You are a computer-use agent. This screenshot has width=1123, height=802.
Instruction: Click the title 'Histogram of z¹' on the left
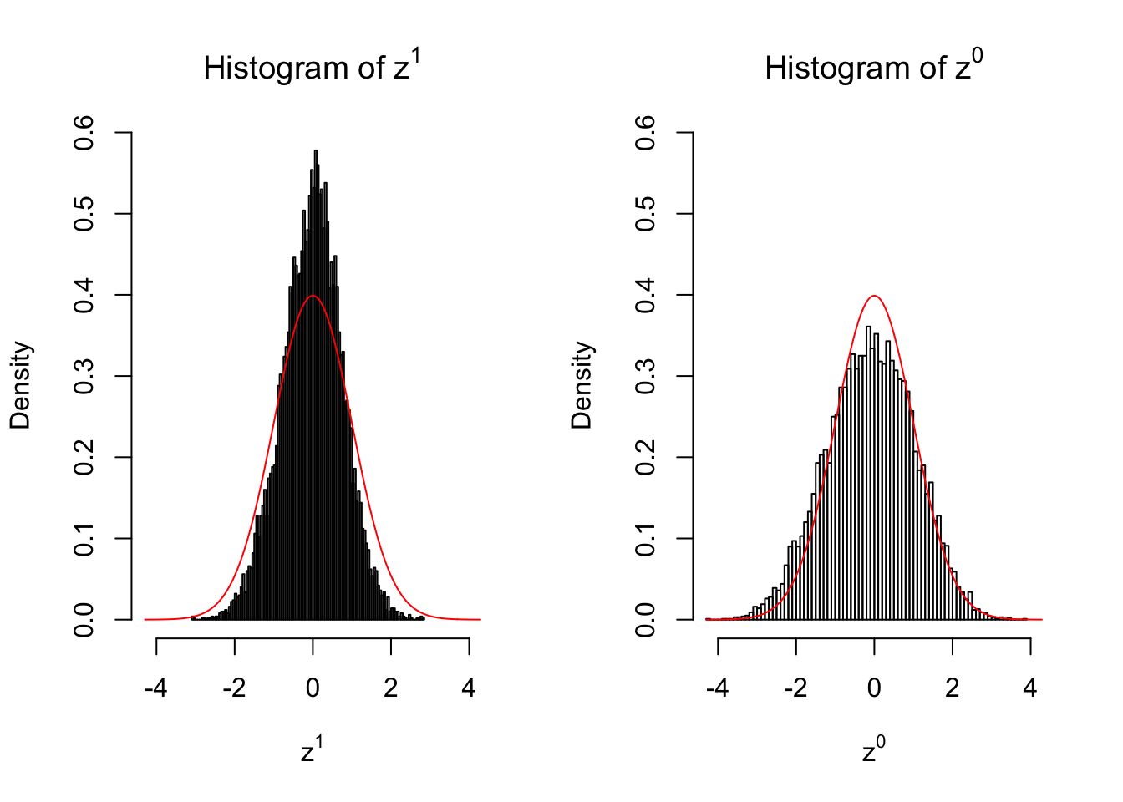coord(312,68)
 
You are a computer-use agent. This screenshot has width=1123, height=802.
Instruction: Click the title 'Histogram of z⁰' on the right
coord(873,68)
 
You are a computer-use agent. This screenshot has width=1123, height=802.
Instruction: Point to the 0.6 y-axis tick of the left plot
coord(84,132)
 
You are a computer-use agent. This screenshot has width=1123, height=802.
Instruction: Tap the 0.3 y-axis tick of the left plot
coord(84,376)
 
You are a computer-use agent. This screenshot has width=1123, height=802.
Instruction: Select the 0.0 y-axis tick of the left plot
coord(84,620)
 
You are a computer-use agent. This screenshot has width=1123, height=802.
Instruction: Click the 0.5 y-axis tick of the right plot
coord(645,214)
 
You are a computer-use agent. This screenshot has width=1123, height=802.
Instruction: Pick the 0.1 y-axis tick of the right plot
coord(645,539)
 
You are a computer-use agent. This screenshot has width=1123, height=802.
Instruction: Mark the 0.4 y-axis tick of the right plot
coord(645,295)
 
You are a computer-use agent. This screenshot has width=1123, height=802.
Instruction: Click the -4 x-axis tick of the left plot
coord(156,688)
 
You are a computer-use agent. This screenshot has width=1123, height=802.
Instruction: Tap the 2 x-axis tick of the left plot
coord(391,688)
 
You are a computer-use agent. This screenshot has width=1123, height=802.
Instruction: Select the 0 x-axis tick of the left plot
coord(313,688)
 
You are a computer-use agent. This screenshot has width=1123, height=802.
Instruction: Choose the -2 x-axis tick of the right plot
coord(795,688)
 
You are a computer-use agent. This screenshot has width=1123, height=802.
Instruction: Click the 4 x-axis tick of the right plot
coord(1030,688)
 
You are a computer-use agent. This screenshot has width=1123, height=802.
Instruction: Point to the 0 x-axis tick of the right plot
coord(874,688)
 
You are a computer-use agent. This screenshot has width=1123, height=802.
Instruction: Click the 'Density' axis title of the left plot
coord(20,384)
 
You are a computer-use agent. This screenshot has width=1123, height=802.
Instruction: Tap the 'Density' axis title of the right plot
coord(582,384)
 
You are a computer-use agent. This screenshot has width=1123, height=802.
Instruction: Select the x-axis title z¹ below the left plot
coord(312,750)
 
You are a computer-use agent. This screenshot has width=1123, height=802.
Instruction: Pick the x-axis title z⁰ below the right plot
coord(873,750)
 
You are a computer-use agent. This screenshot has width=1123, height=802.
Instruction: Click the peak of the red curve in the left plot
coord(313,296)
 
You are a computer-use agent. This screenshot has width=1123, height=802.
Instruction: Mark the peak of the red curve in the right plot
coord(874,296)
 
